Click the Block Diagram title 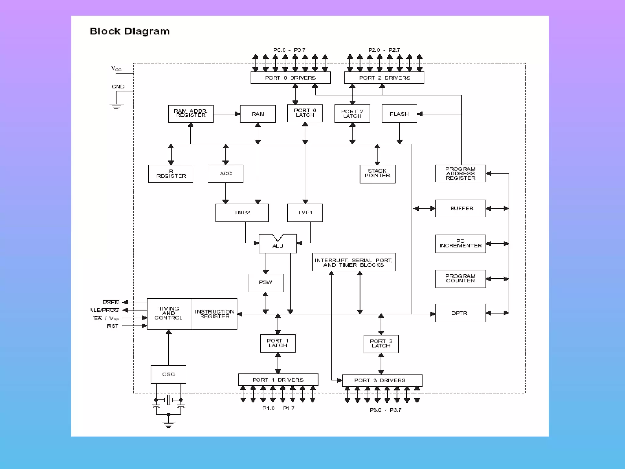point(129,31)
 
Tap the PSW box point(266,282)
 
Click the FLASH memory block point(399,114)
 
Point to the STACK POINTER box point(377,174)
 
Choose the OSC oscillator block point(168,374)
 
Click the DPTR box point(460,313)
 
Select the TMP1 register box point(305,213)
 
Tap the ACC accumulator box point(226,173)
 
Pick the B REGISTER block point(171,174)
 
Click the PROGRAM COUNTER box point(460,278)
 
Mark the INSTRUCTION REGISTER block point(215,314)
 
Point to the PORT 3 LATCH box point(381,344)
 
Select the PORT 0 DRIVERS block point(290,78)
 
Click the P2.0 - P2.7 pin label point(384,50)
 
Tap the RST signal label point(113,326)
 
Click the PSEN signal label point(111,303)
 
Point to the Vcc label point(116,69)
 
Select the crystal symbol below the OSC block point(168,400)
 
